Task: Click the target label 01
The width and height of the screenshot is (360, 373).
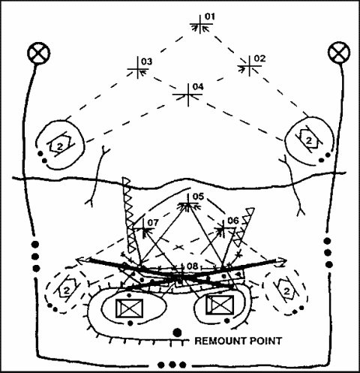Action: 209,17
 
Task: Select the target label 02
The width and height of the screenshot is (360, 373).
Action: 259,59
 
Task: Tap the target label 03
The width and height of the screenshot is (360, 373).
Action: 146,62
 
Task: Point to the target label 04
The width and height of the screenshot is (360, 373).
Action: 198,87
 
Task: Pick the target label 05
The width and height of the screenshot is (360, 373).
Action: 198,197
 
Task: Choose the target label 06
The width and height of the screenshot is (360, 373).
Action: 233,221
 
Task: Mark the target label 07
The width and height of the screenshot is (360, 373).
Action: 153,222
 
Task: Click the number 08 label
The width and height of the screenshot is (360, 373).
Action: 193,266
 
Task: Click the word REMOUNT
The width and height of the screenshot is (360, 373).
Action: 216,341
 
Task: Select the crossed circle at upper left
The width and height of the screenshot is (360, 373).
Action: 39,53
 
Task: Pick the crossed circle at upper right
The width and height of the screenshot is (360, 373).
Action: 339,53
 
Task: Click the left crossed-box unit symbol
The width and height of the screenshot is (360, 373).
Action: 129,308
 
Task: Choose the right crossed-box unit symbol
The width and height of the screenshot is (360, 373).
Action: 220,305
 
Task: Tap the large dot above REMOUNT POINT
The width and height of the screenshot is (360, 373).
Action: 177,332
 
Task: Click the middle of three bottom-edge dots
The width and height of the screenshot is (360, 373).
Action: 172,365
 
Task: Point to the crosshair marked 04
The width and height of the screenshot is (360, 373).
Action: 188,95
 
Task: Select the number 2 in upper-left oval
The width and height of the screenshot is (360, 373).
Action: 60,146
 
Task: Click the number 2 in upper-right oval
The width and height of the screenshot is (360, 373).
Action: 309,140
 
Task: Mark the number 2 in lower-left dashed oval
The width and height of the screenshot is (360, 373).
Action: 67,290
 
